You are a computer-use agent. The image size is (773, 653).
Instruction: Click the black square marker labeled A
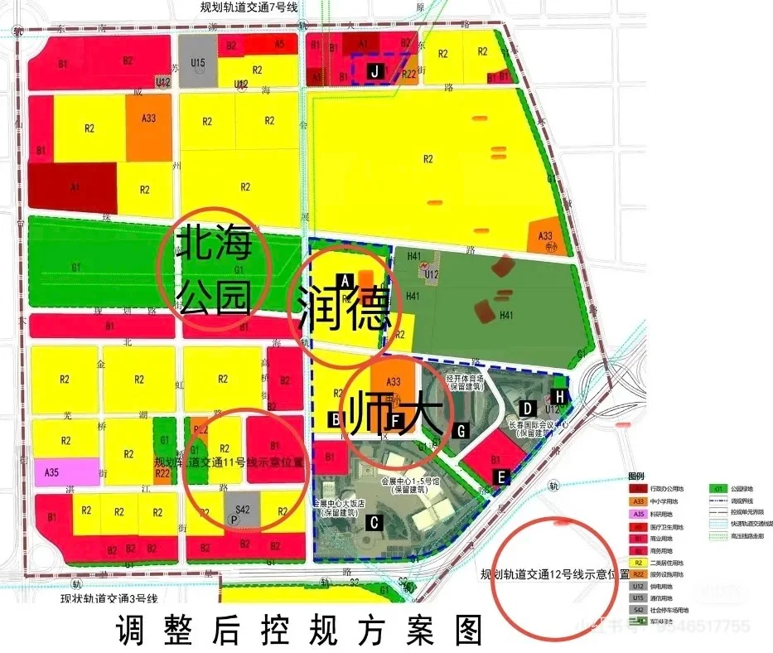click(346, 279)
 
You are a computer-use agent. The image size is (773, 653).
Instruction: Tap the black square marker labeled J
click(374, 71)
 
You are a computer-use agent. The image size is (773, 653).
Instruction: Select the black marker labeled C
click(374, 521)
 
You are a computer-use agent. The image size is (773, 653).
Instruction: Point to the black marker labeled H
click(561, 397)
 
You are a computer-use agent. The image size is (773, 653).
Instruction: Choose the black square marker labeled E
click(500, 476)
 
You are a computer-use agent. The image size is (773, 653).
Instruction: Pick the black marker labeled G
click(462, 429)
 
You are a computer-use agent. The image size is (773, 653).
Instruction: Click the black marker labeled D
click(526, 407)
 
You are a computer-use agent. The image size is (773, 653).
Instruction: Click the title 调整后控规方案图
click(299, 631)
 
